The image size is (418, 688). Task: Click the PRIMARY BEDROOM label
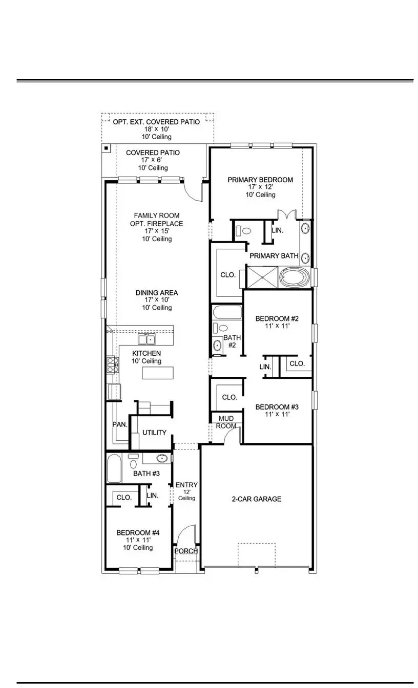(260, 180)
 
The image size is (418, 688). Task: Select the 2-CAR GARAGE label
(256, 499)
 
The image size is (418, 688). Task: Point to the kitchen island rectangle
(158, 373)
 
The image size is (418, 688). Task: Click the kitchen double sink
(147, 339)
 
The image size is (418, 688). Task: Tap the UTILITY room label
(154, 433)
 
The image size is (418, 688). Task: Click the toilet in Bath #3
(133, 464)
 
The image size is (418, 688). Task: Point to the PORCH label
(186, 551)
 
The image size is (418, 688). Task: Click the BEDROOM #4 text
(138, 532)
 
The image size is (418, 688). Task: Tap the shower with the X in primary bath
(263, 277)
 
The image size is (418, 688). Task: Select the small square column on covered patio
(106, 148)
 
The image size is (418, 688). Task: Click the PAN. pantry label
(119, 424)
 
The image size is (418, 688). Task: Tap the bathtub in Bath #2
(225, 313)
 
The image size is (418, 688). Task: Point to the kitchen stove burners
(112, 364)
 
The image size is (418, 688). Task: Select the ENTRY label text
(186, 485)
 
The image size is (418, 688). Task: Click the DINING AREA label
(157, 293)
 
